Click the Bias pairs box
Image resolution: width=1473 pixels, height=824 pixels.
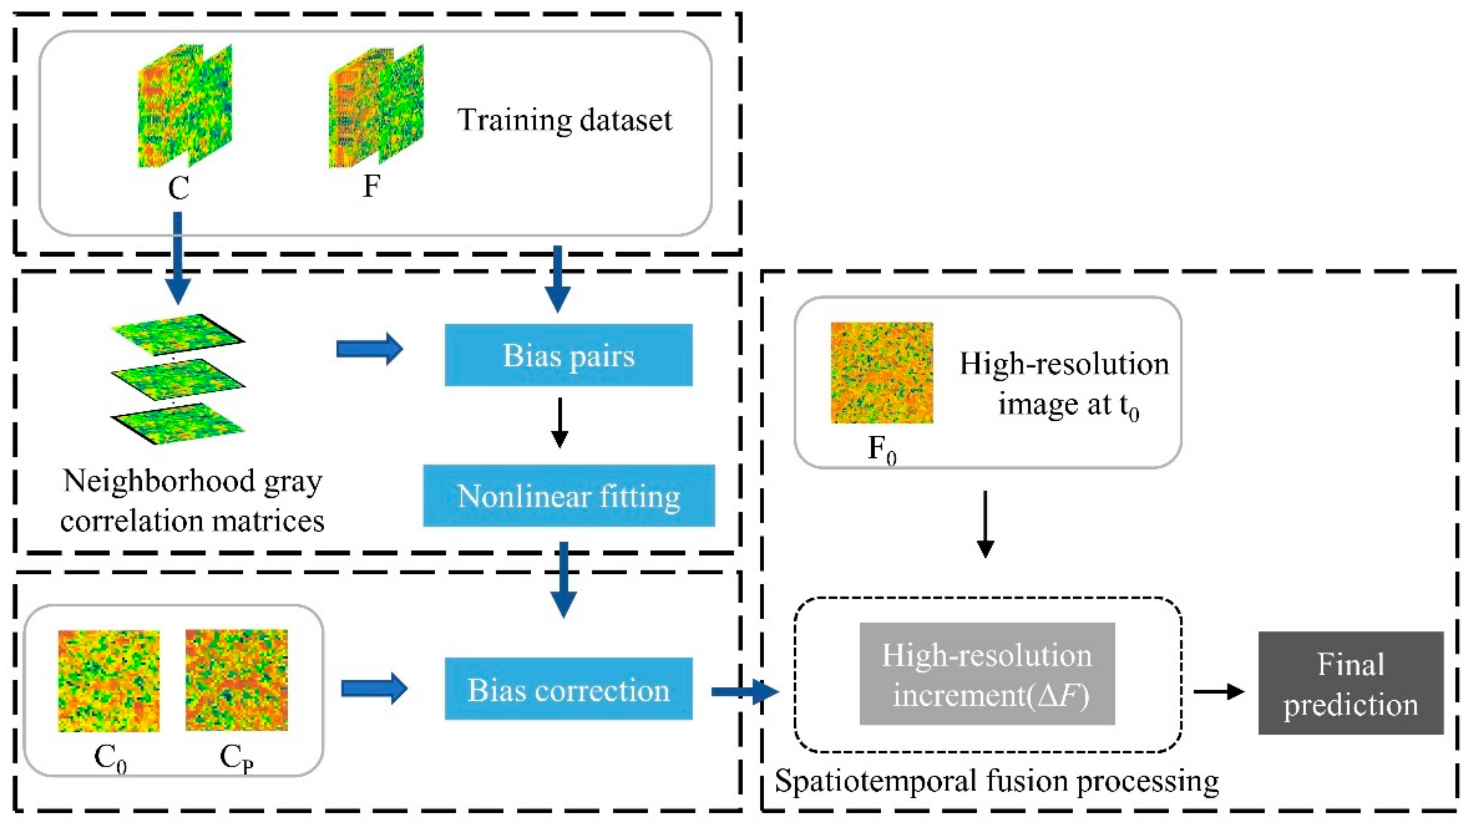tap(568, 355)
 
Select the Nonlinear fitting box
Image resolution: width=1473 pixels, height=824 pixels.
tap(568, 495)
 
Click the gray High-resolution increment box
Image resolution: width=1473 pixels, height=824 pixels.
tap(987, 674)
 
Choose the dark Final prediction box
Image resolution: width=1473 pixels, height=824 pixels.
tap(1351, 683)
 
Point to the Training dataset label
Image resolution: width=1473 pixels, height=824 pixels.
tap(564, 120)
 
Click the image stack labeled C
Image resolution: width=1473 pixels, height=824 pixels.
tap(185, 107)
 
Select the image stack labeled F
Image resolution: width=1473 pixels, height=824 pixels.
tap(376, 107)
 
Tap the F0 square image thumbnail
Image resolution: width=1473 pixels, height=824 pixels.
tap(881, 372)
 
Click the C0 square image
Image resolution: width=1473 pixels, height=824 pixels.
tap(109, 681)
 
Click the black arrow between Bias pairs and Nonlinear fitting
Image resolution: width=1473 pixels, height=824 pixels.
tap(559, 423)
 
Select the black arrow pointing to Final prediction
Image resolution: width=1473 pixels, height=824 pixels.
tap(1219, 692)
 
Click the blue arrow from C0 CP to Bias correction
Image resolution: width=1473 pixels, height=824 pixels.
tap(374, 688)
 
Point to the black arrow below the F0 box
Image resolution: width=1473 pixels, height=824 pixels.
tap(985, 523)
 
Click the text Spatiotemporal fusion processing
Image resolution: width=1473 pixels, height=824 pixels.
tap(996, 781)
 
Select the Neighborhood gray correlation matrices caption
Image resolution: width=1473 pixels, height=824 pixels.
tap(192, 500)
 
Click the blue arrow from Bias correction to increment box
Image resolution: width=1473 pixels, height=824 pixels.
tap(744, 692)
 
